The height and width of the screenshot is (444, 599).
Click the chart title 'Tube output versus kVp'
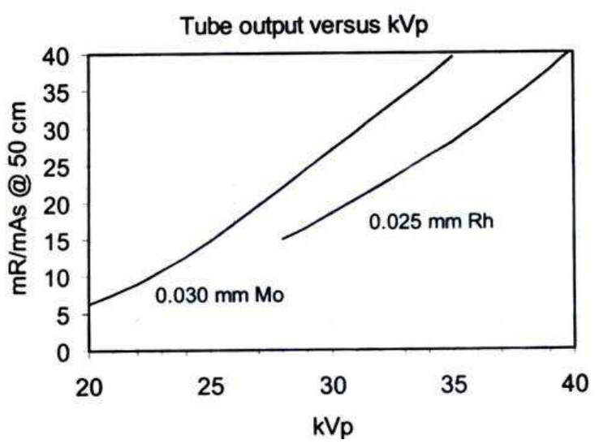[304, 26]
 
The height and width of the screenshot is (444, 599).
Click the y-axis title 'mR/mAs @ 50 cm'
[19, 198]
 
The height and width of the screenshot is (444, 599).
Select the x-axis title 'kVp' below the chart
[333, 426]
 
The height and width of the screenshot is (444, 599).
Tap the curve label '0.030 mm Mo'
[220, 295]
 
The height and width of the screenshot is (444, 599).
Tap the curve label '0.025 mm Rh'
[431, 222]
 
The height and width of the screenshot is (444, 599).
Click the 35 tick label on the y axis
[57, 93]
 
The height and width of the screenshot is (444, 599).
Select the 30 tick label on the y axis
[57, 131]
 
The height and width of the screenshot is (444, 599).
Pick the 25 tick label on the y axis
[57, 167]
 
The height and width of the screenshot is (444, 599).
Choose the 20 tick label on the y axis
[57, 205]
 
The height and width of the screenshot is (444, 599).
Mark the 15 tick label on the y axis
[57, 242]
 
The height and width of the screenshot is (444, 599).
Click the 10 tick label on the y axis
[57, 278]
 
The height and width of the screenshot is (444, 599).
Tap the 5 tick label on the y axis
[63, 316]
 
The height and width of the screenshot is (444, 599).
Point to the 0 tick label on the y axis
[63, 352]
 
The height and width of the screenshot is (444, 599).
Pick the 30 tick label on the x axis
[333, 386]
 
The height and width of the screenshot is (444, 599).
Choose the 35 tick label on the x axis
[454, 384]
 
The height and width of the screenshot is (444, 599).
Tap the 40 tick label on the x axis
[574, 383]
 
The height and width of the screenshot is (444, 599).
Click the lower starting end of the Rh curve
[282, 239]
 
